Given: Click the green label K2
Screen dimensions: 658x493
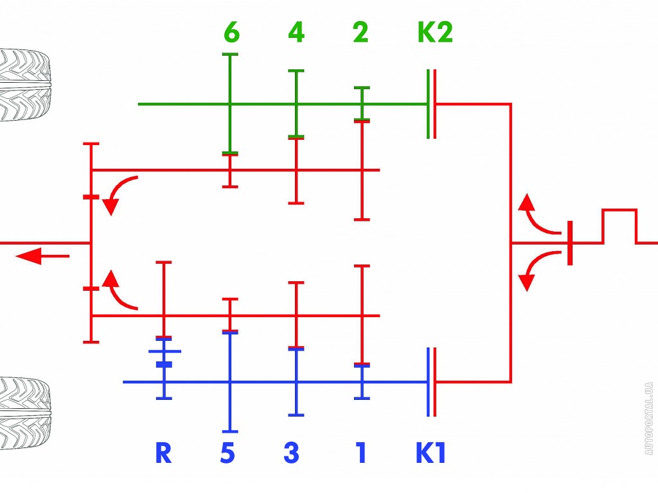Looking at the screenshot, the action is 435,32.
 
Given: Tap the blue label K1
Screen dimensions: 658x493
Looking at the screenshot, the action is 430,453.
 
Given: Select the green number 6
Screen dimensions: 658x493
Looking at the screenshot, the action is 231,32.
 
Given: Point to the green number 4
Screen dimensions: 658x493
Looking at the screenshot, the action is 296,32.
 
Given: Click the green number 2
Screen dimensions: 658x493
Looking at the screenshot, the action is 360,32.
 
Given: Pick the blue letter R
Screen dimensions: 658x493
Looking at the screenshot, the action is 164,453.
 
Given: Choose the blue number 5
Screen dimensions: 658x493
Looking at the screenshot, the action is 227,453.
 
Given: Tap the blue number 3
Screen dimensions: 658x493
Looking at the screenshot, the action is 292,453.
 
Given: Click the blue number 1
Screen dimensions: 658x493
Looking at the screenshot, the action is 361,453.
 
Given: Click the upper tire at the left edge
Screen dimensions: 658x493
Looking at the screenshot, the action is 24,85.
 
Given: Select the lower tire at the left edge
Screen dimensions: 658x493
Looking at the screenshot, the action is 24,413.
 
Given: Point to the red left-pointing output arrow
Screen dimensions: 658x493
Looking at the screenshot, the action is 42,255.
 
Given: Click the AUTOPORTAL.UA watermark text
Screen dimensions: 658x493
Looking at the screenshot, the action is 649,419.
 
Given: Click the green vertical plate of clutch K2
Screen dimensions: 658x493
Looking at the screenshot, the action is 429,103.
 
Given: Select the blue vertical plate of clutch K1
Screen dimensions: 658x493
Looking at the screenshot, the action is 429,382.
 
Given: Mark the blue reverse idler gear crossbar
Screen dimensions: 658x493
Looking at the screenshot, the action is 165,351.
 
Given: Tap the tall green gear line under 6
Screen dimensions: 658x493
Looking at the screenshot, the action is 230,104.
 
